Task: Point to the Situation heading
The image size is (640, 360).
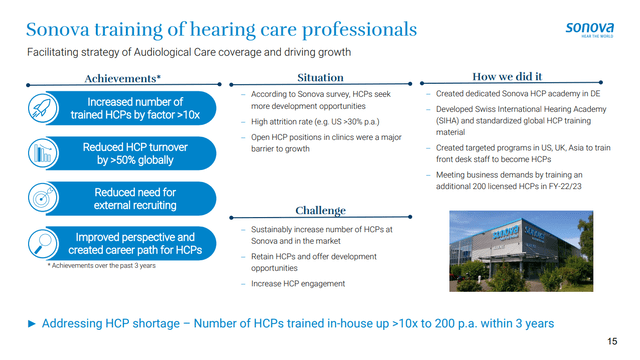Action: point(321,77)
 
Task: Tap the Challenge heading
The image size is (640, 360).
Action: point(320,211)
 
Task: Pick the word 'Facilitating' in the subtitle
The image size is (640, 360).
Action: point(51,51)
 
